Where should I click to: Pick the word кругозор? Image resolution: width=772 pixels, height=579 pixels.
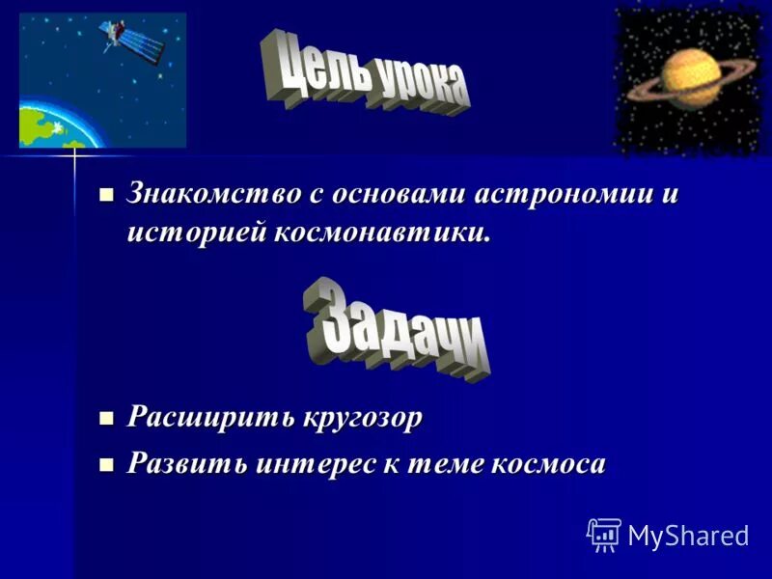click(363, 418)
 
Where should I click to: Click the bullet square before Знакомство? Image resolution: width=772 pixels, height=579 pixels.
click(107, 193)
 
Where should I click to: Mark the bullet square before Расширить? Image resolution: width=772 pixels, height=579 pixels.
click(107, 418)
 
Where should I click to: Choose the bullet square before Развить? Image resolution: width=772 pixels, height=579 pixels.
click(107, 464)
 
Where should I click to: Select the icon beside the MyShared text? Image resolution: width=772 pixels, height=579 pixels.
click(604, 534)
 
